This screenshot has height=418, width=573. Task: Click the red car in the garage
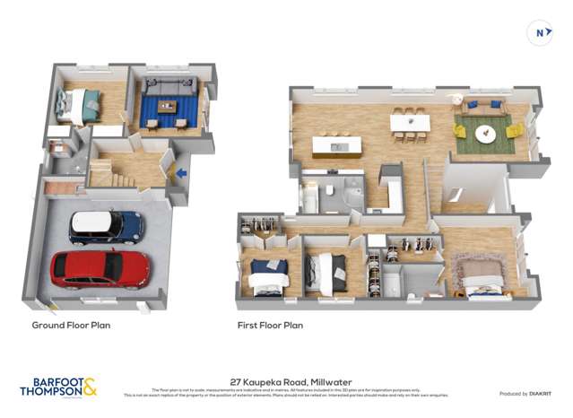pos(100,268)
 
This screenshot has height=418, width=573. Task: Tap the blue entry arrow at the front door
pos(182,172)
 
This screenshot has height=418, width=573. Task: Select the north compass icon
pos(541,34)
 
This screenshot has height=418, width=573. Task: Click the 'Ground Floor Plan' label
pos(71,325)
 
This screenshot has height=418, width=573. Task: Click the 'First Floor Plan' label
pos(270,325)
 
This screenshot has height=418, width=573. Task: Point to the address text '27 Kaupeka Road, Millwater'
pos(285,379)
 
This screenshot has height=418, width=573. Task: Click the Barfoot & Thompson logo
pos(58,387)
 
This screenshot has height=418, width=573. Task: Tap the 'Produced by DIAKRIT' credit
pos(525,393)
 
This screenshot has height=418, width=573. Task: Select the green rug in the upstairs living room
pos(484,132)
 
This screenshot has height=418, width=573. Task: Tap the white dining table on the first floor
pos(410,123)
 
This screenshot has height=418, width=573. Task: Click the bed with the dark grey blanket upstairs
pos(325,272)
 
